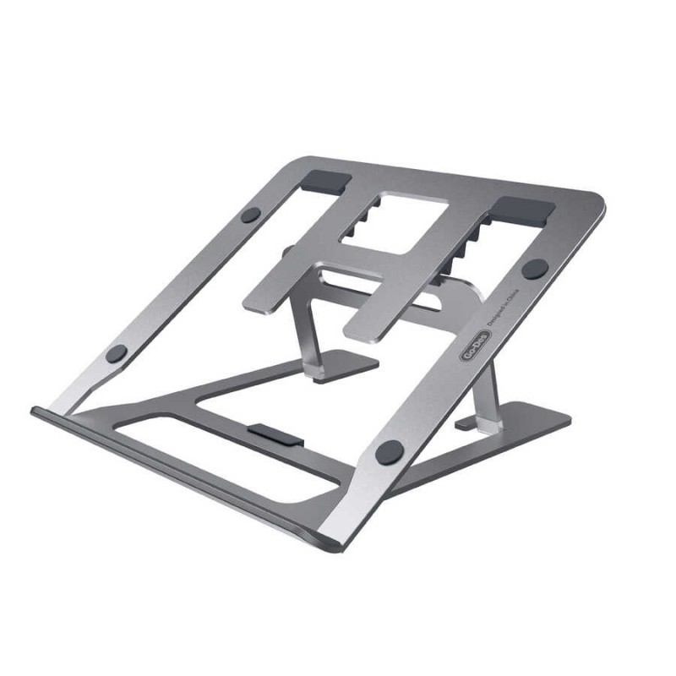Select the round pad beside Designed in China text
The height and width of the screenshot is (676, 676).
[534, 269]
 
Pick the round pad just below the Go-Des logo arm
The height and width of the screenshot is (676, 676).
[390, 450]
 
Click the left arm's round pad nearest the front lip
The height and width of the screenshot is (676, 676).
[117, 353]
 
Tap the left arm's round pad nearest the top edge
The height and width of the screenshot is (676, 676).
[250, 215]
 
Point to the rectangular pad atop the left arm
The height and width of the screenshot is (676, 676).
[324, 181]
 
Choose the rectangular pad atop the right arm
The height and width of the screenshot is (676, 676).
[523, 210]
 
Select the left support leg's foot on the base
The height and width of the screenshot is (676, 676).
[345, 365]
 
